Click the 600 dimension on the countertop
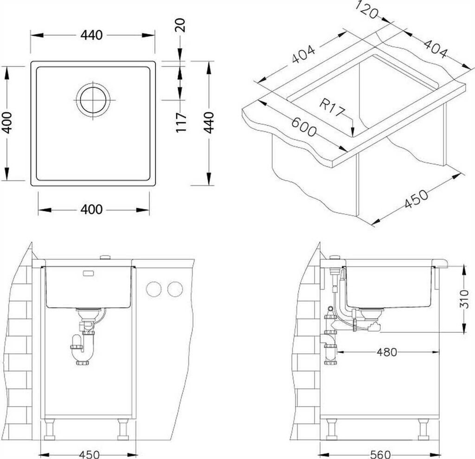304,126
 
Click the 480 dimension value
386,352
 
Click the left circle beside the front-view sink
153,289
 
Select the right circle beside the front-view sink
175,289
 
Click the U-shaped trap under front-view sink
83,352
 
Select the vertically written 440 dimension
209,122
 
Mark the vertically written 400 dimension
6,122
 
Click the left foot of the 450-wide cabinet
49,430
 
